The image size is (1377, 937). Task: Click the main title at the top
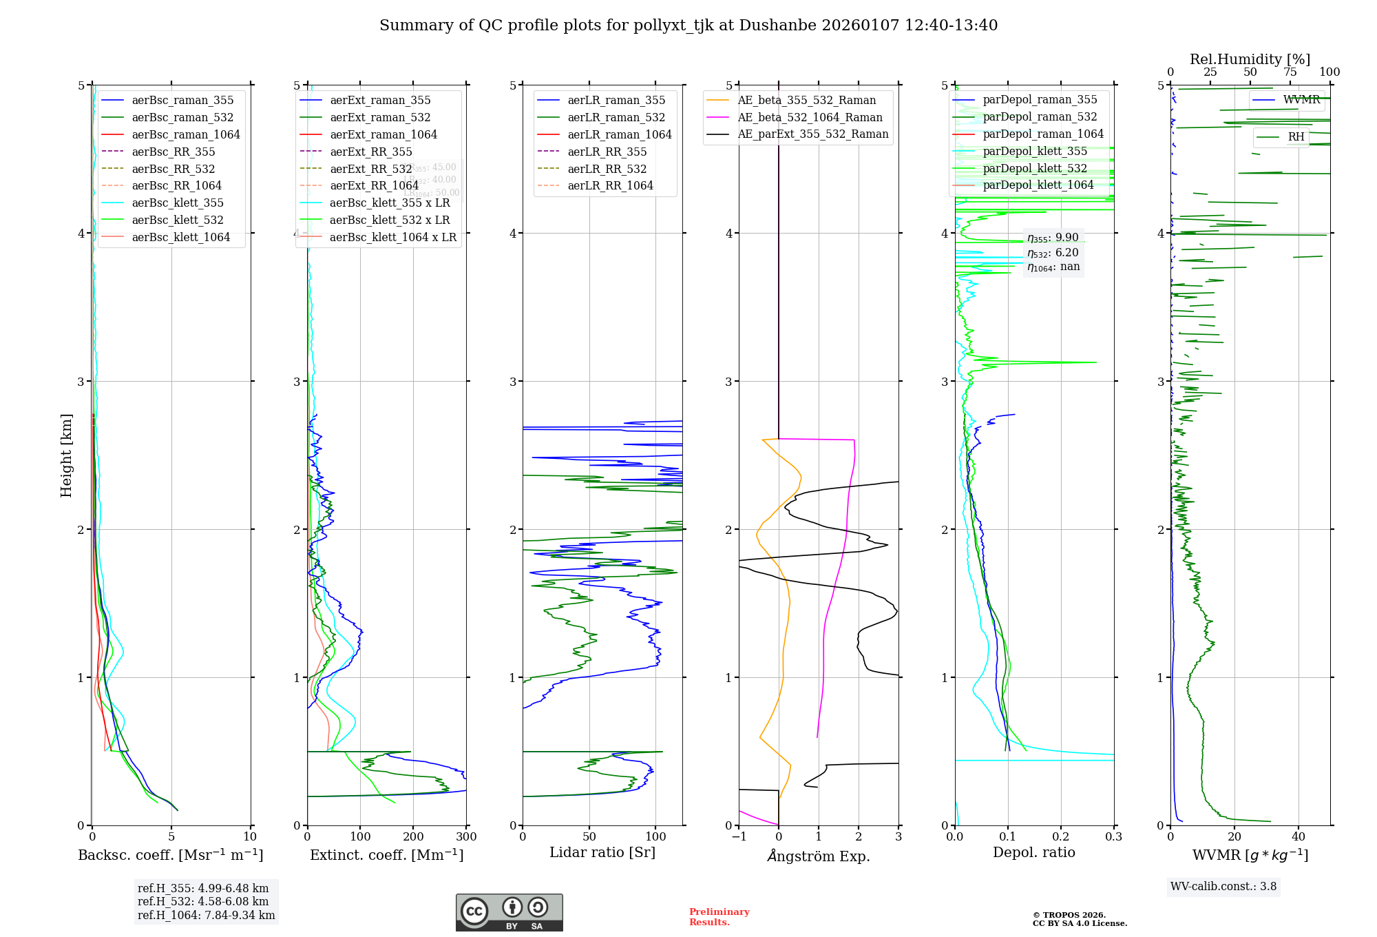point(688,25)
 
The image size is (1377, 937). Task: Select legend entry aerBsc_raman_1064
point(186,134)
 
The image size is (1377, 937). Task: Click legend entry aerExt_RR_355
point(370,152)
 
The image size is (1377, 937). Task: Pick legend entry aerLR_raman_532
point(616,117)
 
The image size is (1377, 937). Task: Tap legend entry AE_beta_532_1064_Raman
point(810,117)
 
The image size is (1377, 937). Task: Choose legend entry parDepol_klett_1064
point(1038,185)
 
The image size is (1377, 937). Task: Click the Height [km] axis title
point(66,455)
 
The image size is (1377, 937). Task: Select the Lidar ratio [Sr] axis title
point(602,852)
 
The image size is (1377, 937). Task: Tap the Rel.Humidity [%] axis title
point(1250,59)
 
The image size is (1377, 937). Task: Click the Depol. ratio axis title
point(1033,852)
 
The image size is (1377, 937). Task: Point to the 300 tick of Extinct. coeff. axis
point(466,836)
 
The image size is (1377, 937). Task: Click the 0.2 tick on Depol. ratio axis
point(1061,836)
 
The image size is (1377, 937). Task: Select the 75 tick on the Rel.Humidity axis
point(1290,72)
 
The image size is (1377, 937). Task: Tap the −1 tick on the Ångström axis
point(739,836)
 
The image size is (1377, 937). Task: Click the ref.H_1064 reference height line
point(206,916)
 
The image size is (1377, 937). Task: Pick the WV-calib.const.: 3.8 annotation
point(1223,887)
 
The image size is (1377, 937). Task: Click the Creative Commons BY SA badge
point(509,912)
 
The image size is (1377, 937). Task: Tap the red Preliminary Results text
point(719,917)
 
